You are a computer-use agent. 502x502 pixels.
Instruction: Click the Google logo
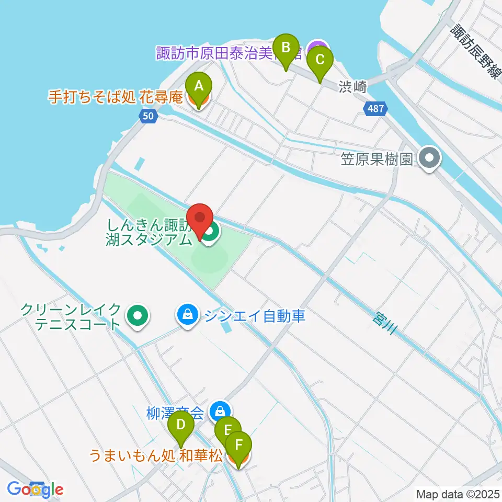[36, 489]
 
